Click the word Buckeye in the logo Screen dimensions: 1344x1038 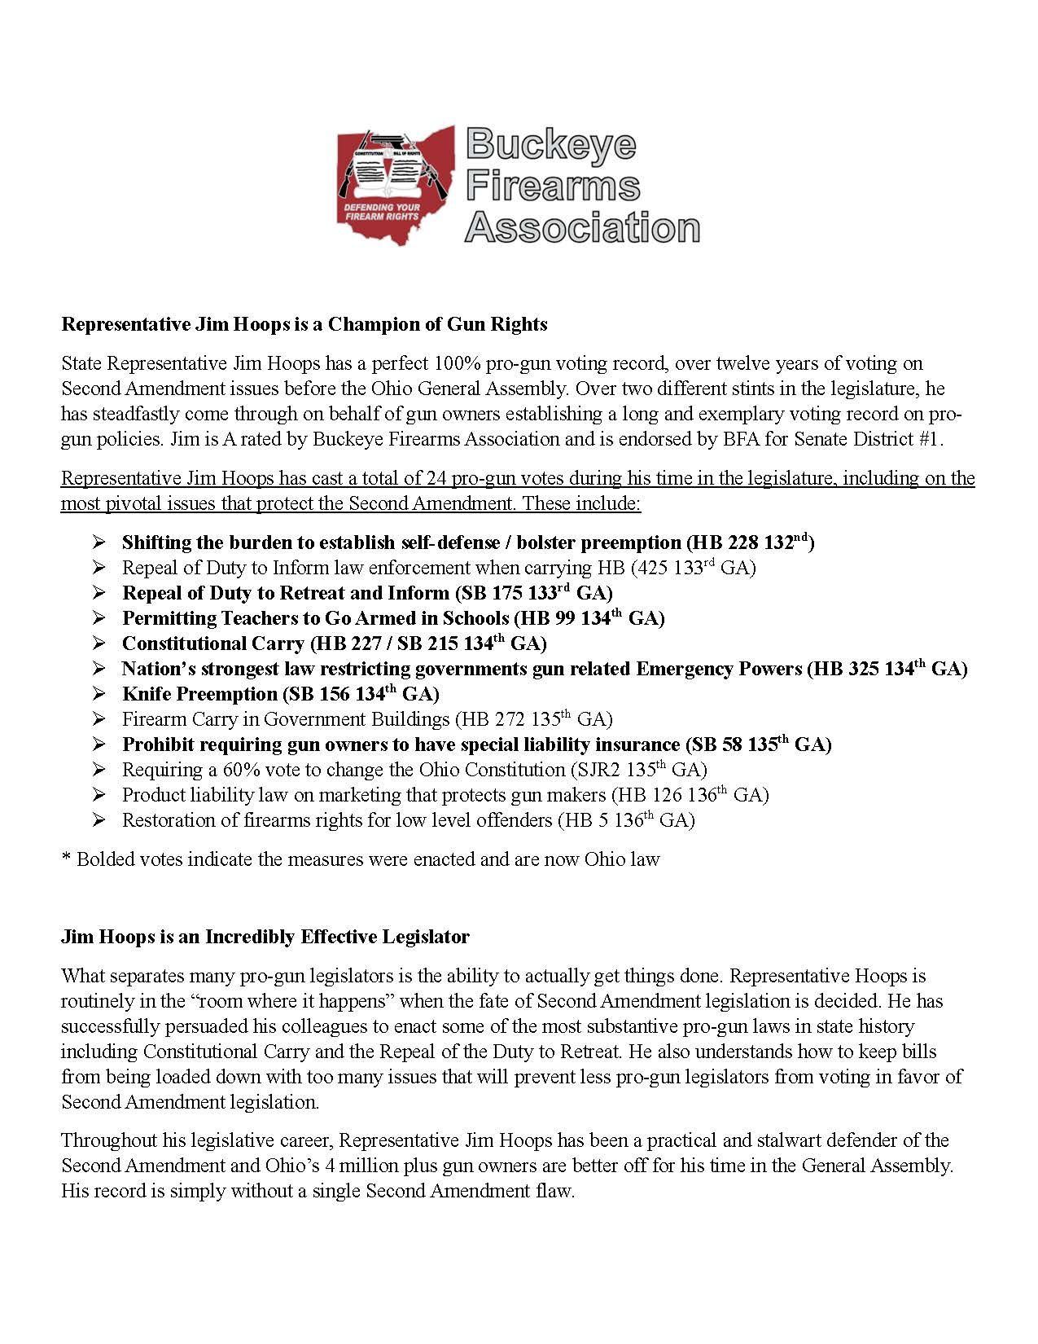pos(550,145)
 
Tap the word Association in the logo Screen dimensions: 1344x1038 pos(581,226)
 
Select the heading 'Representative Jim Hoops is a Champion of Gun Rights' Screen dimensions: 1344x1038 pos(304,324)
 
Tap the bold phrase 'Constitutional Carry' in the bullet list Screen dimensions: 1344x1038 pos(212,643)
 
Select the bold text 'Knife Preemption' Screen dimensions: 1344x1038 pos(199,694)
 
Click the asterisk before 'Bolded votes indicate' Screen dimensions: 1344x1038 pos(65,859)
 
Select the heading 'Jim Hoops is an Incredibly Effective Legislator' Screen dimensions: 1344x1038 pos(265,937)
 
